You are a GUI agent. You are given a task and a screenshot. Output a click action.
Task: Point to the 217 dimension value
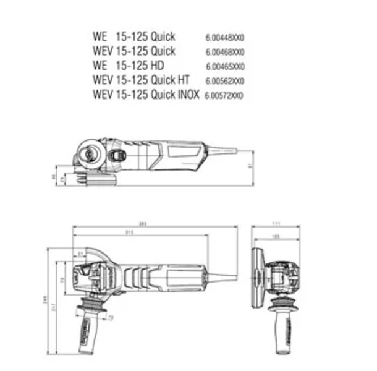pos(53,305)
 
